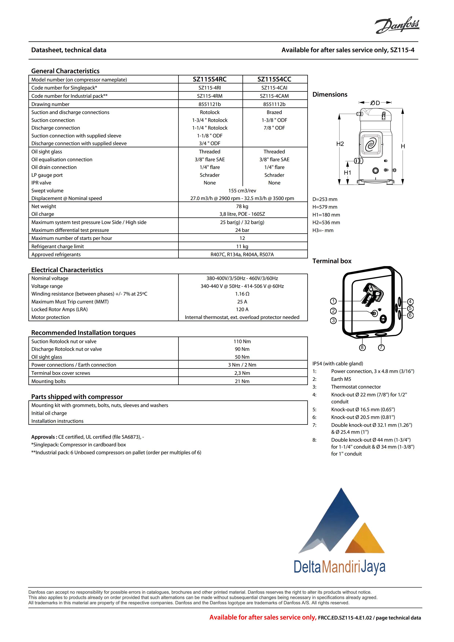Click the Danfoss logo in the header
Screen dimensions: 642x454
tap(397, 25)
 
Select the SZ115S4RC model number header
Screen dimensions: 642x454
tap(210, 79)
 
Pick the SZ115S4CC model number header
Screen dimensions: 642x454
tap(274, 79)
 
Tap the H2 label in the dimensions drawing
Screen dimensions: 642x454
tap(340, 144)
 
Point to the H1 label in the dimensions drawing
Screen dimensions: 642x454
tap(347, 173)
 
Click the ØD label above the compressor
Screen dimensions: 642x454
tap(375, 103)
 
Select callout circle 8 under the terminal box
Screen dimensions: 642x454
tap(362, 348)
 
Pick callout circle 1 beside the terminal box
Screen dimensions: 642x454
tap(333, 301)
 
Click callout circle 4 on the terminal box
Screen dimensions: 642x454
tap(410, 301)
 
